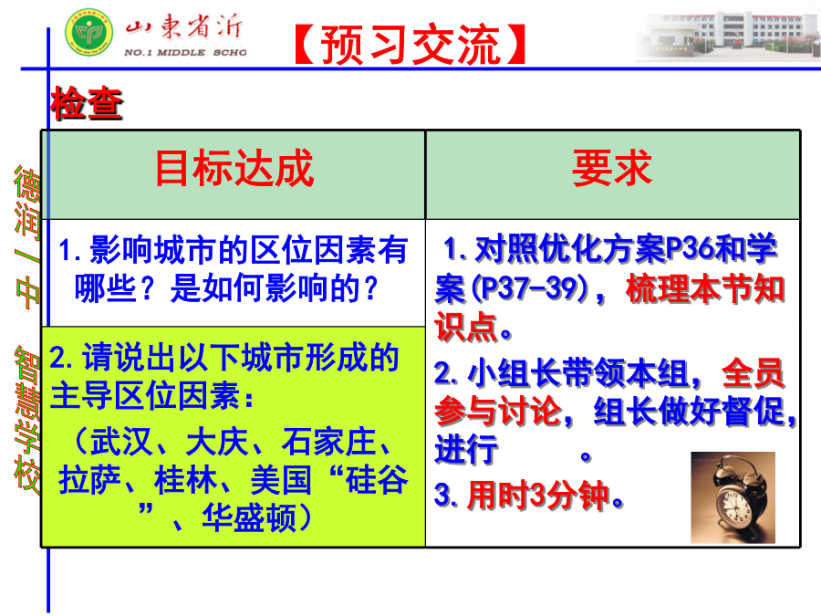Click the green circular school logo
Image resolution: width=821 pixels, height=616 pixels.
[89, 32]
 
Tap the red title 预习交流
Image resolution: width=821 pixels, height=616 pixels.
[410, 45]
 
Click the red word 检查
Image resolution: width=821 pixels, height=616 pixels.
[87, 102]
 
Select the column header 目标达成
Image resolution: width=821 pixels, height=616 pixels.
[234, 168]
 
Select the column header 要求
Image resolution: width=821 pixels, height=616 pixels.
[612, 168]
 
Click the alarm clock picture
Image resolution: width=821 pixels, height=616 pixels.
[733, 497]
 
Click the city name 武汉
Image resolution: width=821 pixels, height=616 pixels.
[121, 442]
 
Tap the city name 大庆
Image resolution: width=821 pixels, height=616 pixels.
[217, 442]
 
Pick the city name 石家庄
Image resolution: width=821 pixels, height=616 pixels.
[328, 442]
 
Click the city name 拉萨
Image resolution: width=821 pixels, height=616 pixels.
[89, 479]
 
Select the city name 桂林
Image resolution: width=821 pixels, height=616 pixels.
[185, 479]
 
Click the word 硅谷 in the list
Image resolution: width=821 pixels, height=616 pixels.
[377, 479]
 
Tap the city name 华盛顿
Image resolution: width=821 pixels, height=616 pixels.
[249, 517]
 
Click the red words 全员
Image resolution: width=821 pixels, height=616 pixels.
[753, 373]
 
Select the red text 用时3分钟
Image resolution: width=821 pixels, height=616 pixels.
[539, 495]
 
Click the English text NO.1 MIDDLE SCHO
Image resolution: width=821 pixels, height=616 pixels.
[185, 52]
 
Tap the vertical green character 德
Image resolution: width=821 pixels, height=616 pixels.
[27, 183]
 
